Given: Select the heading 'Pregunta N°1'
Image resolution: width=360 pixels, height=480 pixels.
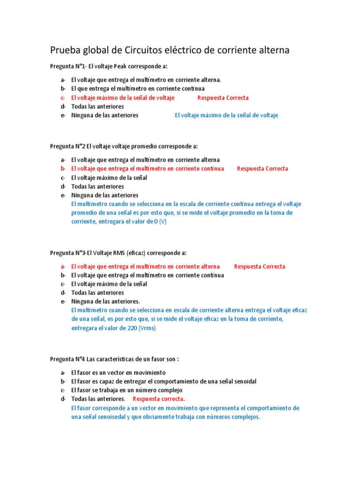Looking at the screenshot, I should (67, 67).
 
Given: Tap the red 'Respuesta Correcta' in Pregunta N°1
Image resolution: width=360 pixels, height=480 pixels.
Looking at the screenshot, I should (223, 97).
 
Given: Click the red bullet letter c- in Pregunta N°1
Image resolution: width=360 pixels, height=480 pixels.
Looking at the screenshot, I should (63, 97).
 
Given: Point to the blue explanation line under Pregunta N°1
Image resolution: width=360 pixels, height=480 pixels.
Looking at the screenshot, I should (226, 115).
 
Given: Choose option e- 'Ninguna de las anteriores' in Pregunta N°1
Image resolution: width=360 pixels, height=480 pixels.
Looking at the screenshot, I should (105, 115).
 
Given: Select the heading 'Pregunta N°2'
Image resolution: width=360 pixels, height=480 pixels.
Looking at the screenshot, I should (67, 146).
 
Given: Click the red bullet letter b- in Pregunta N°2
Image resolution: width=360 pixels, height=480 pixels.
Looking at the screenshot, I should (63, 168).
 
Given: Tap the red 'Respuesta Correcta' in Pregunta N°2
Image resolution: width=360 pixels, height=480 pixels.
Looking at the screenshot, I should (262, 168).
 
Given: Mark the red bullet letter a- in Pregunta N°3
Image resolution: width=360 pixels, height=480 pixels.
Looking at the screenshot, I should (63, 266).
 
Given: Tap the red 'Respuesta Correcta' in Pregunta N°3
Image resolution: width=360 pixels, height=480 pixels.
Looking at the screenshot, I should (260, 266).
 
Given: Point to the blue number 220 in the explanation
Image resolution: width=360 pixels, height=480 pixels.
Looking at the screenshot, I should (131, 328).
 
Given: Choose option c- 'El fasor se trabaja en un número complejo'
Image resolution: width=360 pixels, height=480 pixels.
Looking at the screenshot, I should (127, 390).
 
